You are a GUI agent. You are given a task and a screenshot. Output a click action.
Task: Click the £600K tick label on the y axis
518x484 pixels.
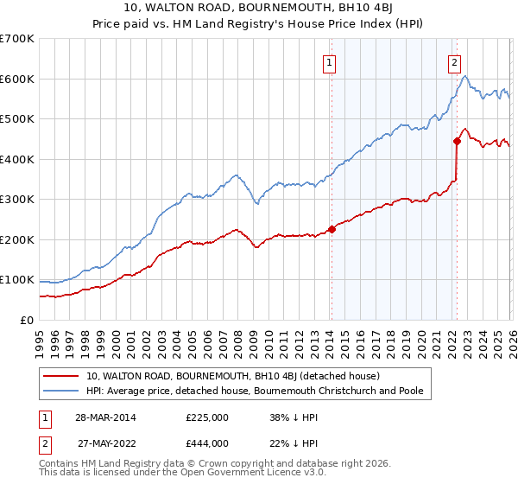(x=17, y=79)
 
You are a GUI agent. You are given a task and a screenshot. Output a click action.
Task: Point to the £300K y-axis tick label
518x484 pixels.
(x=17, y=200)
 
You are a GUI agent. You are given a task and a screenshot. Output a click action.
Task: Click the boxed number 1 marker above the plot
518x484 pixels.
(x=331, y=61)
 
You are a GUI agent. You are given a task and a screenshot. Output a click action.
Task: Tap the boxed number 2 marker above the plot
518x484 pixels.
(x=454, y=61)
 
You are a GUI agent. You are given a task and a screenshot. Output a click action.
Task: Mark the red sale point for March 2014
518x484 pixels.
(x=332, y=229)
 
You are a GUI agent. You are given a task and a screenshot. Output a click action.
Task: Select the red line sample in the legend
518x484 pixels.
(x=62, y=376)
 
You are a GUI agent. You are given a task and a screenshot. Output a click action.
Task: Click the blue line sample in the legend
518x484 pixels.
(x=62, y=391)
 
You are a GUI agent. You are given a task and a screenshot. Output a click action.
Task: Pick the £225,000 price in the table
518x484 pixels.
(x=206, y=417)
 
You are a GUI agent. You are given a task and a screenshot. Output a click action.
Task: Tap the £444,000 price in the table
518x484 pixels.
(x=206, y=443)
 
